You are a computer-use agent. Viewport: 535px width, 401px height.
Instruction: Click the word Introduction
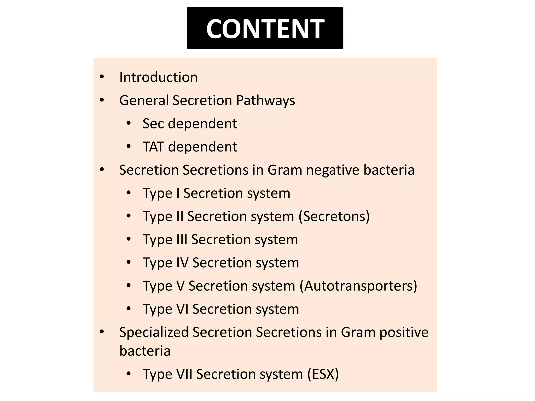158,77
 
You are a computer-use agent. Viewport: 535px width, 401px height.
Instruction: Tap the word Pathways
265,101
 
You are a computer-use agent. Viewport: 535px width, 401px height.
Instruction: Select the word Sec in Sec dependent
153,123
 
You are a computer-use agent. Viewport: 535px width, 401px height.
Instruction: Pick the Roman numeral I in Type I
178,193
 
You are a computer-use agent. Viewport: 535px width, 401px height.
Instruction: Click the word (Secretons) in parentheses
334,216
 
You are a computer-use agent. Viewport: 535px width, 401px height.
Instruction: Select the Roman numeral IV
182,263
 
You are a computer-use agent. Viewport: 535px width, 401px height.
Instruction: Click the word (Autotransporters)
358,286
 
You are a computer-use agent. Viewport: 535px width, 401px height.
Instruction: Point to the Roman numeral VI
182,309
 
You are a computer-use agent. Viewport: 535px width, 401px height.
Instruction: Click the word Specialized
154,332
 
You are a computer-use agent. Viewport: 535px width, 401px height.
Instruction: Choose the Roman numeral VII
184,374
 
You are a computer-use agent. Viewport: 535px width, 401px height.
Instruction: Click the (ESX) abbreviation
323,374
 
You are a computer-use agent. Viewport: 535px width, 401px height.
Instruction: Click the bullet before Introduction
102,77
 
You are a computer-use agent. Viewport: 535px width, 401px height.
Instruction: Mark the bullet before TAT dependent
129,146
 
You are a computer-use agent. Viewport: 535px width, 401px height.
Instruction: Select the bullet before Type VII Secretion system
129,374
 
